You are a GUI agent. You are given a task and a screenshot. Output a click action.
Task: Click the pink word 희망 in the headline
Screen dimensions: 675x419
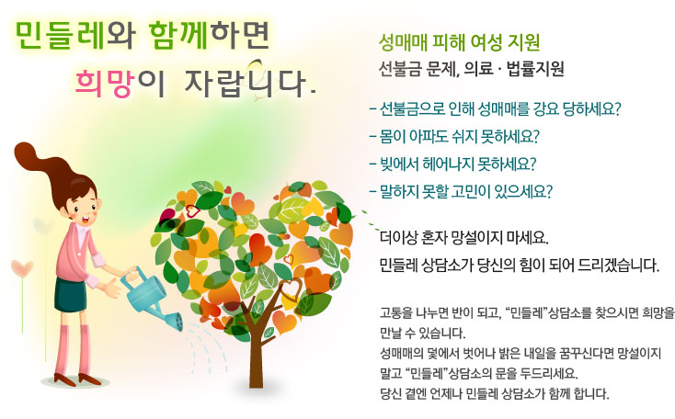[x=104, y=83]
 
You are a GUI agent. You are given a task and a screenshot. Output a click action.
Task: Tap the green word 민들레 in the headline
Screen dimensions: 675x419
[x=60, y=35]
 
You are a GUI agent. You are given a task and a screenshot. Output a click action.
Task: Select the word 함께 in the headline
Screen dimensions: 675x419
[x=178, y=35]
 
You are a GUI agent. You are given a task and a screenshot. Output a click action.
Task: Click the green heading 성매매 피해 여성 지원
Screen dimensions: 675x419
[x=459, y=42]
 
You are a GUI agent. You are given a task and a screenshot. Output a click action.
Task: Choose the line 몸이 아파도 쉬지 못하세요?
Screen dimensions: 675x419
[x=454, y=136]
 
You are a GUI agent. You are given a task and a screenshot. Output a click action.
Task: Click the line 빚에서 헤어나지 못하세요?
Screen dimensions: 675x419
[x=452, y=164]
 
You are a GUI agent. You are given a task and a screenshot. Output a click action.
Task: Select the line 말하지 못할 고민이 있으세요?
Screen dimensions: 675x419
[x=461, y=191]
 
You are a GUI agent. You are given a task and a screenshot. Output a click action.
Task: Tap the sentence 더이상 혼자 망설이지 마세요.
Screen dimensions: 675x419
[x=464, y=237]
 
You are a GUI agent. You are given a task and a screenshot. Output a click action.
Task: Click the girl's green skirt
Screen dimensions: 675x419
[x=70, y=295]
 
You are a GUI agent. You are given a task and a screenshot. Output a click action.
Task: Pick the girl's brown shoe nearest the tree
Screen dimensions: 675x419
[x=89, y=379]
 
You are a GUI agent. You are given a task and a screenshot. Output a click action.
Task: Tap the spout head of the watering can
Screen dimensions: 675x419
[x=175, y=322]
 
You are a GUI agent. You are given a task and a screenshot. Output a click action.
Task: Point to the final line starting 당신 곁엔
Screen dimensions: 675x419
[x=495, y=393]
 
